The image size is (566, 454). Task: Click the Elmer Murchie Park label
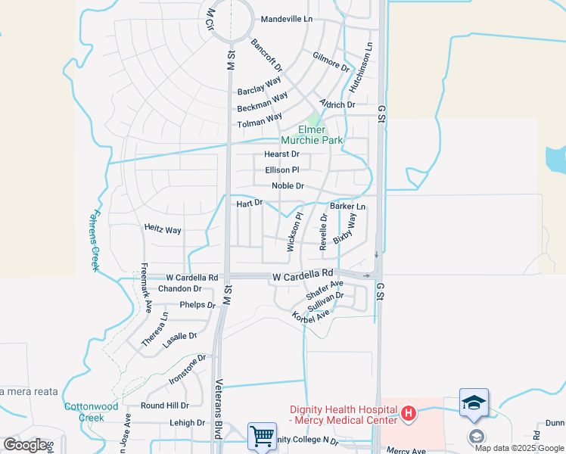pos(312,135)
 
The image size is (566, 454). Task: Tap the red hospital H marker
pos(409,413)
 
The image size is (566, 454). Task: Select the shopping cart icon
pos(262,436)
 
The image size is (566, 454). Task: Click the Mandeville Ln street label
pos(286,19)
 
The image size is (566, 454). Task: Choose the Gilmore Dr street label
pos(331,62)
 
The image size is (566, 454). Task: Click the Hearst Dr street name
pos(281,154)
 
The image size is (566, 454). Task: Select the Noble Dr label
pos(288,186)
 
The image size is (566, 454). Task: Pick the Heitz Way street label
pos(163,229)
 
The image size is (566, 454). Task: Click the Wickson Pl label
pos(294,232)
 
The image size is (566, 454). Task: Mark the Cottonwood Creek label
pos(91,412)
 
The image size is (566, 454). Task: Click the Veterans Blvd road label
pos(219,405)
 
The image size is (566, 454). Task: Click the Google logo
pos(26,445)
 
